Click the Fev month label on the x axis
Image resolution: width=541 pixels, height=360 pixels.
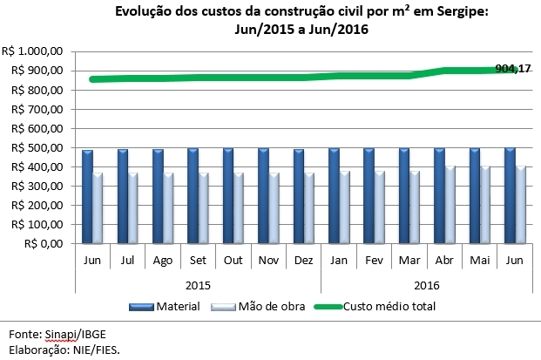374,261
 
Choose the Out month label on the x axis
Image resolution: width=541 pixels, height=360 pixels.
233,261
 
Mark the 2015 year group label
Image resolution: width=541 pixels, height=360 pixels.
198,284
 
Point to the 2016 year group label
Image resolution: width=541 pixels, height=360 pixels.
426,284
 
